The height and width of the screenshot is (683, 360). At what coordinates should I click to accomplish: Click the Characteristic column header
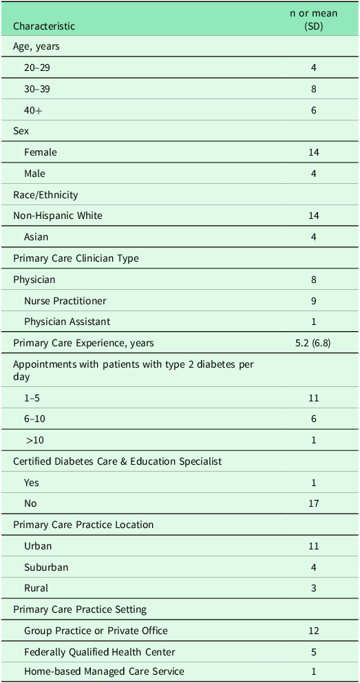coord(44,26)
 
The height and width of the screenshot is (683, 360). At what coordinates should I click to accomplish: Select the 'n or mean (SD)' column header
coord(313,20)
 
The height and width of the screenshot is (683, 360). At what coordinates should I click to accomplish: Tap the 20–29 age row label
coord(37,68)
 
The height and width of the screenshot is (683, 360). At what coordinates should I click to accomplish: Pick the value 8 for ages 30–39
coord(313,89)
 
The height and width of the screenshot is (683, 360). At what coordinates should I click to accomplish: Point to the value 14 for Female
coord(313,152)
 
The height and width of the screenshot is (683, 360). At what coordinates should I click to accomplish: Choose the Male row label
coord(34,174)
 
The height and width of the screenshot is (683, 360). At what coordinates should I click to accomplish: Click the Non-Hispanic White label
coord(58,216)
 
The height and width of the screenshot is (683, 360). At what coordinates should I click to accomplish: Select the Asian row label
coord(36,237)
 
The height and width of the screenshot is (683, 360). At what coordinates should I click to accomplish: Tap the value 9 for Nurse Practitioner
coord(313,301)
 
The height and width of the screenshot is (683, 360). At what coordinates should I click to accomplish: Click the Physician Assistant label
coord(67,322)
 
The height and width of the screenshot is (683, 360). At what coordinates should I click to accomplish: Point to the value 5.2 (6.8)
coord(313,343)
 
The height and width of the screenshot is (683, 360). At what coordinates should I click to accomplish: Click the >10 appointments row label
coord(34,440)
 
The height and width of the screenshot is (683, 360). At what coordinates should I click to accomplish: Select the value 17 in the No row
coord(313,503)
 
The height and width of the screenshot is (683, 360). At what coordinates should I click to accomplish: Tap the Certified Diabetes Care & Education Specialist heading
coord(117,461)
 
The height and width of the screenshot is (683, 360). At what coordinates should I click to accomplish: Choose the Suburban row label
coord(46,567)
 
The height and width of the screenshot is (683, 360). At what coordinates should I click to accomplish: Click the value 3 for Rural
coord(313,588)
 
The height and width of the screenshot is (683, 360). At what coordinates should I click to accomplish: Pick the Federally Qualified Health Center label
coord(99,651)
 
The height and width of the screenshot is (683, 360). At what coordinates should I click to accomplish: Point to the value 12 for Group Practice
coord(313,631)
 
